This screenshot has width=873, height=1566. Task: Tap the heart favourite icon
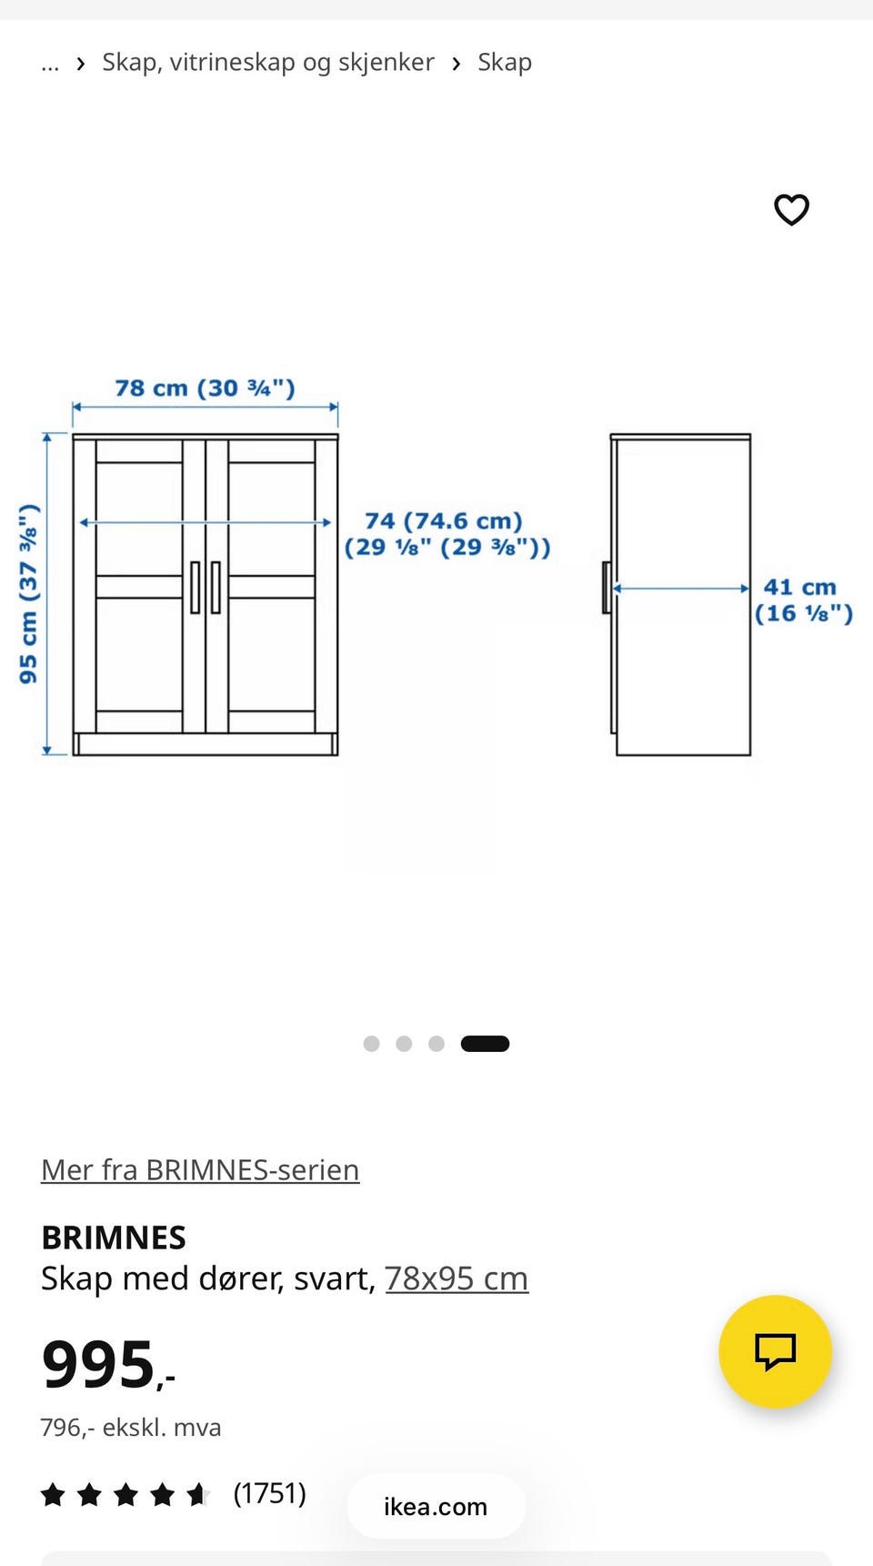click(791, 209)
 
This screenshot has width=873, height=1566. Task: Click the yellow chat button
click(775, 1351)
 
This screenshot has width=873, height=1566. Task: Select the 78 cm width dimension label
click(205, 389)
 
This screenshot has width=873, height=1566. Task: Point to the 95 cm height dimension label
click(29, 593)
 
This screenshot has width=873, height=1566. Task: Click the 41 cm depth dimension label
click(804, 601)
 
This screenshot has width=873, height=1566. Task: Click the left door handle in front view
click(195, 588)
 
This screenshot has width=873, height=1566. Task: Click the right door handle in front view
click(216, 588)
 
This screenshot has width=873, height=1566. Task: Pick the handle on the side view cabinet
click(606, 588)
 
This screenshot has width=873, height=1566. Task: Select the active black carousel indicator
click(485, 1044)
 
